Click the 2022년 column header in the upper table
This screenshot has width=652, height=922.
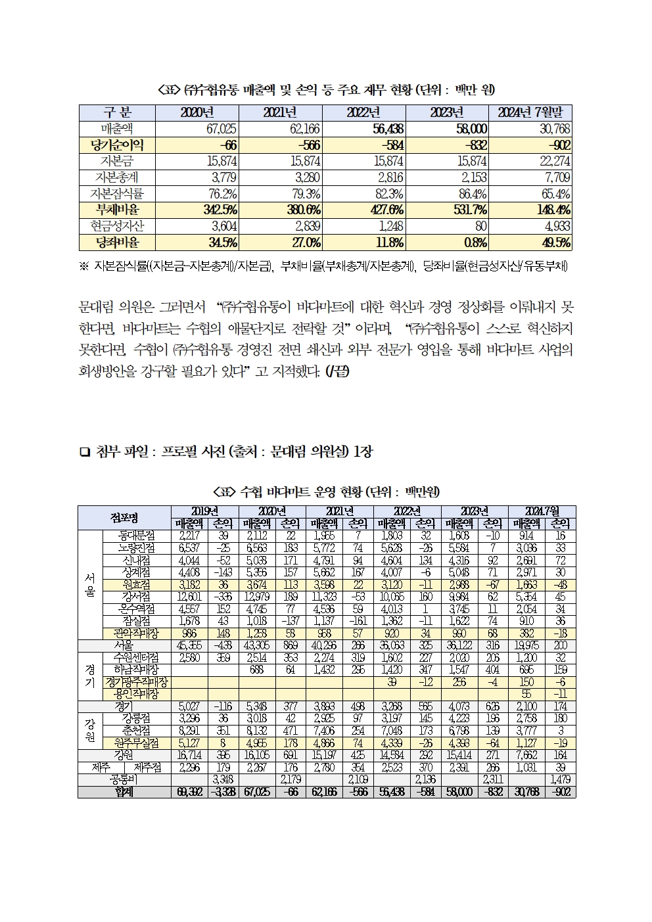(x=363, y=112)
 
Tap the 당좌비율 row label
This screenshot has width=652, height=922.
(x=118, y=242)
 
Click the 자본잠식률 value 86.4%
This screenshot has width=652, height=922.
(x=471, y=194)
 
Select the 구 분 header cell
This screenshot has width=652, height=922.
(x=118, y=112)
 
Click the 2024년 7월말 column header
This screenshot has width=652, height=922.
(x=530, y=112)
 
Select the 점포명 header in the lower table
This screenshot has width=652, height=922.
(x=124, y=517)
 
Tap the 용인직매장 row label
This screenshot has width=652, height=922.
(x=137, y=694)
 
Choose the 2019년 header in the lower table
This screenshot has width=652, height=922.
(x=205, y=511)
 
